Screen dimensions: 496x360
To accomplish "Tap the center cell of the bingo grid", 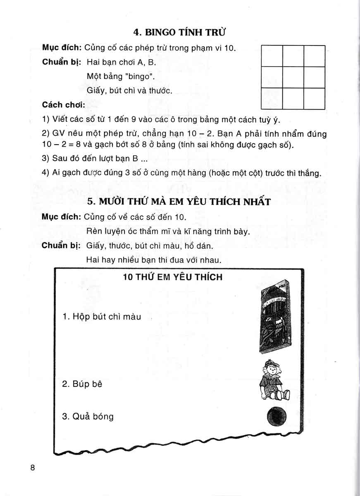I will point(293,77).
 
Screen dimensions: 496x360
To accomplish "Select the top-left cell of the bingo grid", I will point(272,56).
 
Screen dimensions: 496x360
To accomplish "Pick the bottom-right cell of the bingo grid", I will point(315,98).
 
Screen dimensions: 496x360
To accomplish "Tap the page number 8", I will point(33,468).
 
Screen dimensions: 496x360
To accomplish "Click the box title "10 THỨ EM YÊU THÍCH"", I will point(173,277).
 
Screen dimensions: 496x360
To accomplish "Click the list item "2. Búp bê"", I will point(82,384).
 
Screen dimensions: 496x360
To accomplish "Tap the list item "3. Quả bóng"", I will point(88,416).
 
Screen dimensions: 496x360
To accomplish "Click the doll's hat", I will point(271,365).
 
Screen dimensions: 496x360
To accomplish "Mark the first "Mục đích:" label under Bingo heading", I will point(61,48).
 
